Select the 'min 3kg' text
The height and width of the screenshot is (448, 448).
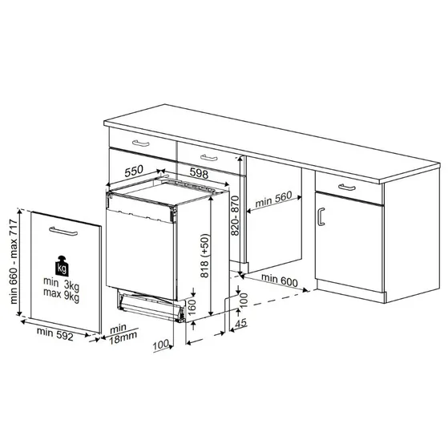click(x=63, y=285)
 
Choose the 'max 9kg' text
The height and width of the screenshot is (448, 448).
click(x=63, y=298)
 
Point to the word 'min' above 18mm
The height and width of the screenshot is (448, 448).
click(x=118, y=328)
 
